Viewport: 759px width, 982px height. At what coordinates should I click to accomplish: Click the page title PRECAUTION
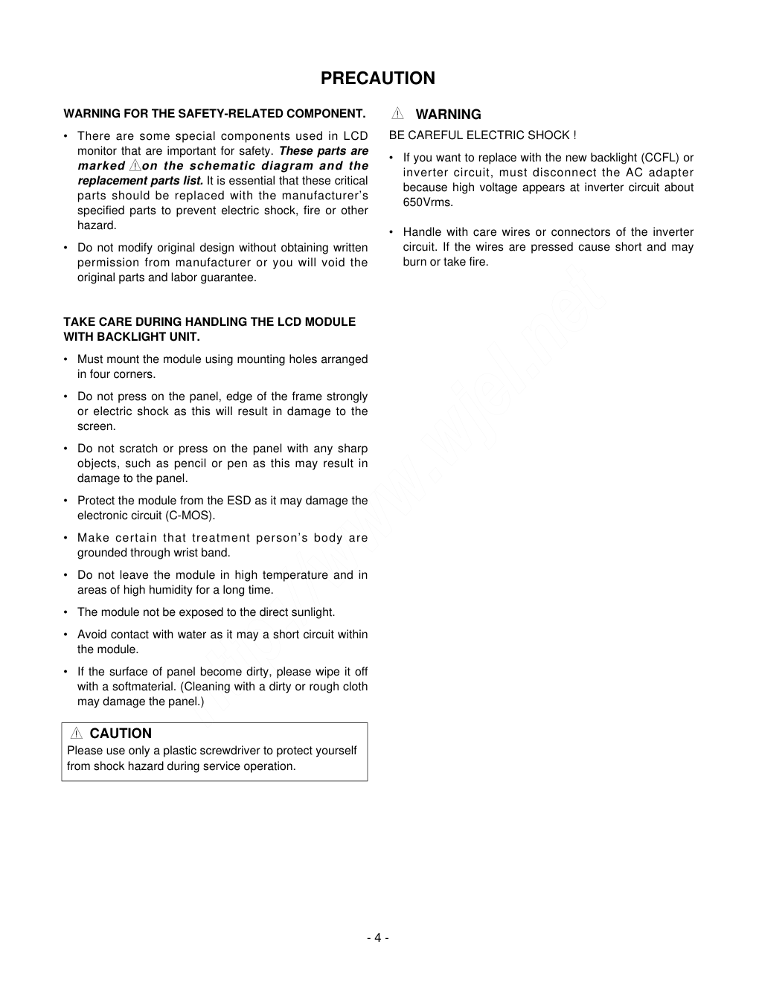[378, 78]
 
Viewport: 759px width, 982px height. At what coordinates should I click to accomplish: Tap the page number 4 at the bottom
[377, 937]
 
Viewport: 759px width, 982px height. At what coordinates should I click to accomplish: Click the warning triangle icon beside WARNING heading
[398, 114]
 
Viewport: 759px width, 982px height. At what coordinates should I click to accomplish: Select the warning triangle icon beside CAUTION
[76, 734]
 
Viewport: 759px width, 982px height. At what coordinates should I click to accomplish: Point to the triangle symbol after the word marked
[134, 166]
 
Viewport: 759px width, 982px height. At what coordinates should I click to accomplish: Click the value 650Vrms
[427, 202]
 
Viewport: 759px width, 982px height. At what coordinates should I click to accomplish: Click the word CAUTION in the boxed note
[121, 734]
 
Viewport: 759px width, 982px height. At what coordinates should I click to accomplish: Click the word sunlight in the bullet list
[312, 612]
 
